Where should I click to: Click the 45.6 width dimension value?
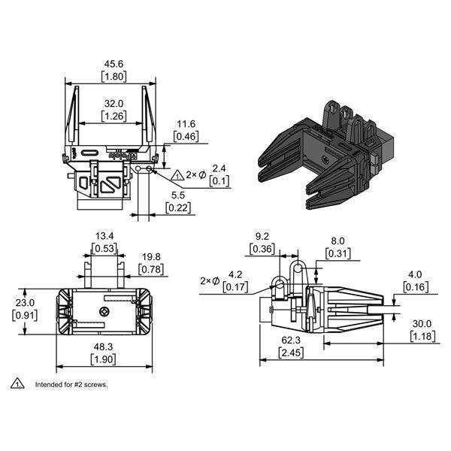(x=114, y=64)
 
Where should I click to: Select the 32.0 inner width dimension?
(x=114, y=103)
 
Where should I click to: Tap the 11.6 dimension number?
(x=186, y=124)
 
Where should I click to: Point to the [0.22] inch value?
(x=178, y=207)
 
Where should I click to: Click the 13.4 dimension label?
(x=104, y=236)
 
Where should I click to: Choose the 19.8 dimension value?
(x=151, y=256)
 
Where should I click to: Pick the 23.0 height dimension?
(x=25, y=303)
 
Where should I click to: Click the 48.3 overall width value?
(x=103, y=347)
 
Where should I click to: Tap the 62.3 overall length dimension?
(x=291, y=341)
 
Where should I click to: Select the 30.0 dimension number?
(x=422, y=324)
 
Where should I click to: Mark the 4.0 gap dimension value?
(x=415, y=274)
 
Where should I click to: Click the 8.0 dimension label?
(x=337, y=241)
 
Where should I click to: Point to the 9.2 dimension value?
(x=262, y=237)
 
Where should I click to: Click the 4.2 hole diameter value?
(x=235, y=274)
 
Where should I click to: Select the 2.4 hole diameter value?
(x=219, y=168)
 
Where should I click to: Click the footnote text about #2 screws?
(x=71, y=384)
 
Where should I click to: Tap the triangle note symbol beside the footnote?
(x=17, y=383)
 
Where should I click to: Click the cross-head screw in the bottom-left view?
(x=104, y=311)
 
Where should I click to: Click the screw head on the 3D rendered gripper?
(x=325, y=159)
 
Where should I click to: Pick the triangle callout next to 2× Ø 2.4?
(x=177, y=175)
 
